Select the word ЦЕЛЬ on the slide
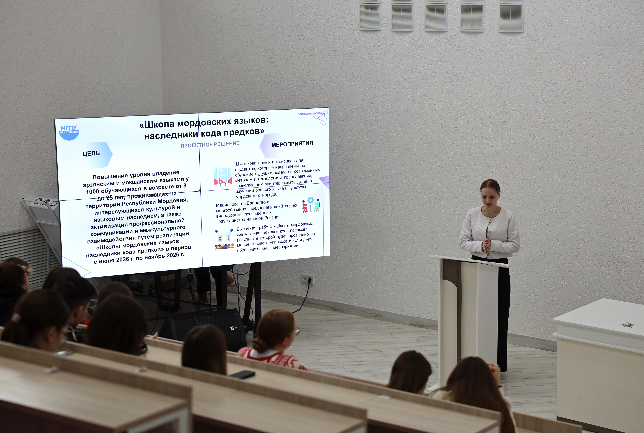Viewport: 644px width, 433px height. pyautogui.click(x=91, y=154)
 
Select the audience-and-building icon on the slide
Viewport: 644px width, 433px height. pyautogui.click(x=224, y=239)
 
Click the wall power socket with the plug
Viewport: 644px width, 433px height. pyautogui.click(x=307, y=279)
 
